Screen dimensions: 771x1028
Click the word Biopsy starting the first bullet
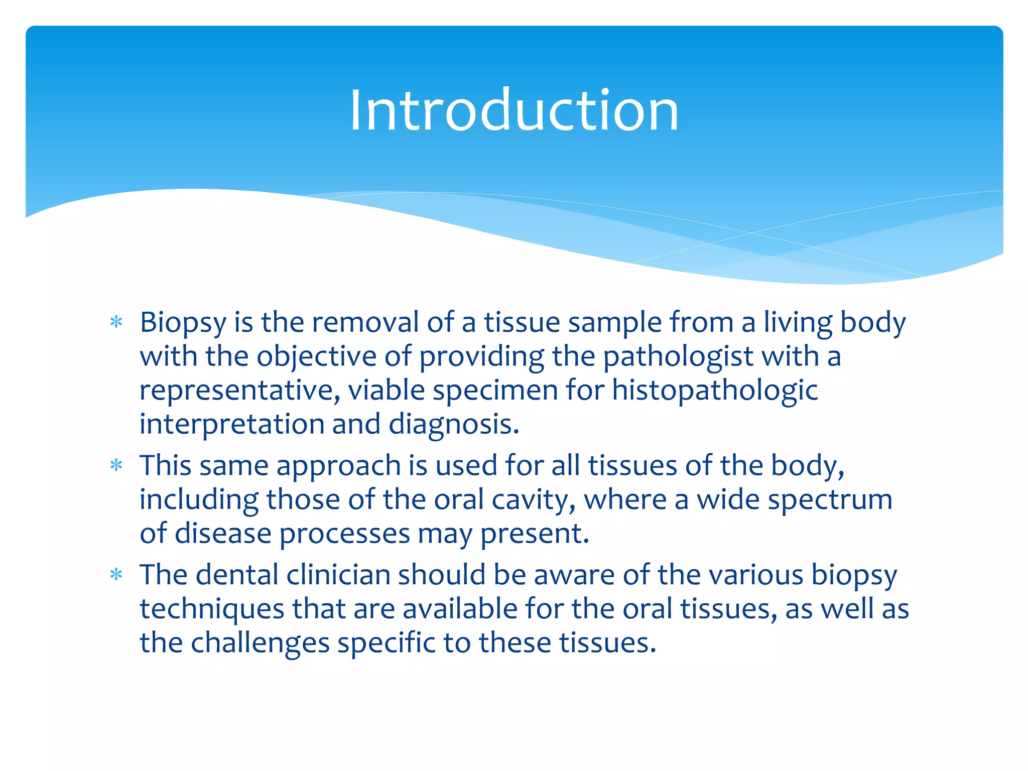tap(183, 323)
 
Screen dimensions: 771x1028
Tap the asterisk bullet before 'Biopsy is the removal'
tap(116, 322)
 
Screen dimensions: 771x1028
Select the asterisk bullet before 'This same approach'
tap(116, 465)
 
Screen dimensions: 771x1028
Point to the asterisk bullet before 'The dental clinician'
tap(116, 574)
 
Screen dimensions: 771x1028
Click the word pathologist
tap(678, 357)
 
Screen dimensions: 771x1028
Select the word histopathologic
tap(715, 391)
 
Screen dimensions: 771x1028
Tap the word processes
tap(344, 534)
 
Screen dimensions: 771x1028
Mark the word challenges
tap(260, 643)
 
